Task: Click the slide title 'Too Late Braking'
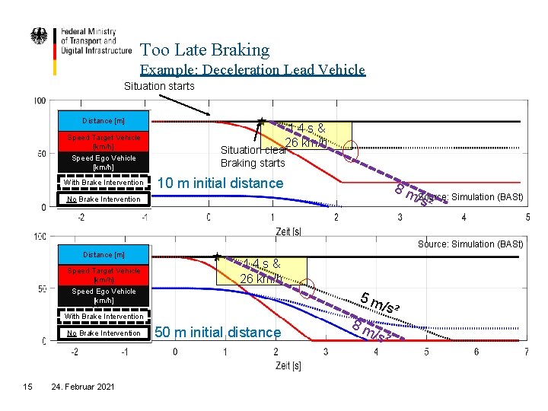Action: click(205, 50)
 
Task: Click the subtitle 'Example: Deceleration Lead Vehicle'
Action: click(253, 70)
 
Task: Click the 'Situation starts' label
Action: click(159, 86)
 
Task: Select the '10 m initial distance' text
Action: click(219, 183)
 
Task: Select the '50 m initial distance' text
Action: click(218, 332)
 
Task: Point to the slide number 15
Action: click(27, 387)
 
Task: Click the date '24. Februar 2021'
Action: click(82, 387)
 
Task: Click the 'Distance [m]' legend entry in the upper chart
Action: click(104, 121)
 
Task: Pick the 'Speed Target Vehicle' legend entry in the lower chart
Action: click(104, 275)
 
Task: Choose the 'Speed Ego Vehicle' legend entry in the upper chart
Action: click(104, 162)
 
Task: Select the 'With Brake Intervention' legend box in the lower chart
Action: click(104, 316)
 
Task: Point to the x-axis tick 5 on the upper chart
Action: click(527, 218)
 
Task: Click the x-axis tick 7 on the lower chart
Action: click(527, 352)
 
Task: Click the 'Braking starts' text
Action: click(253, 163)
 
